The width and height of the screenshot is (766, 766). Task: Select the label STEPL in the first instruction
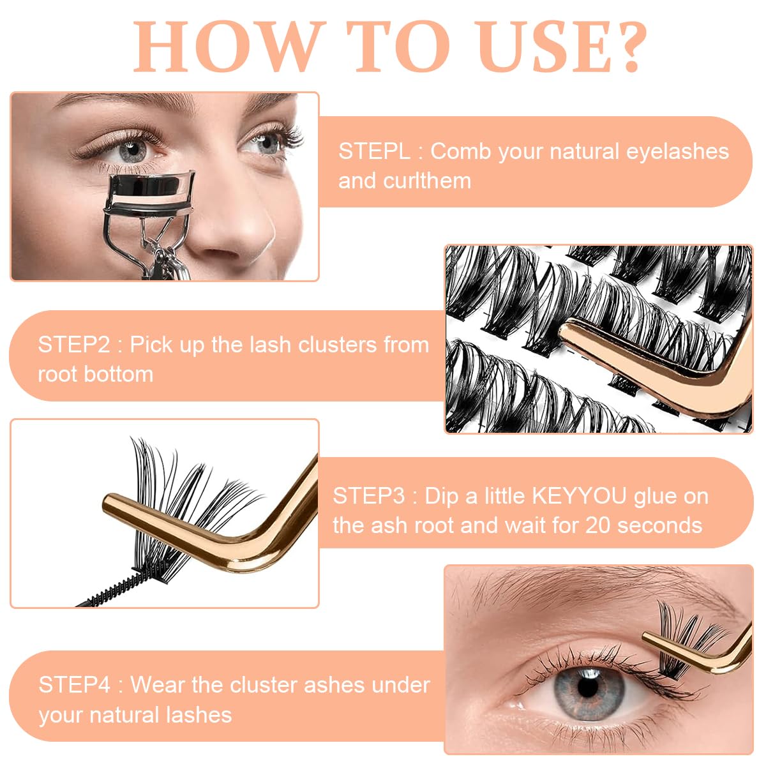coord(374,151)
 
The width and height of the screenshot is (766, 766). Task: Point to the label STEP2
coord(74,345)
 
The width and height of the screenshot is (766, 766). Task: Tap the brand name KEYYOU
coord(581,496)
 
